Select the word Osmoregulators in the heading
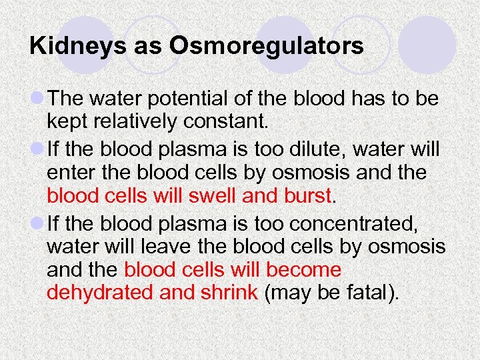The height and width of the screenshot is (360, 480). point(267,47)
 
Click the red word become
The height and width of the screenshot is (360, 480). point(303,271)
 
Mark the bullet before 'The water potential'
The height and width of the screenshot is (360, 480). point(37,99)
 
